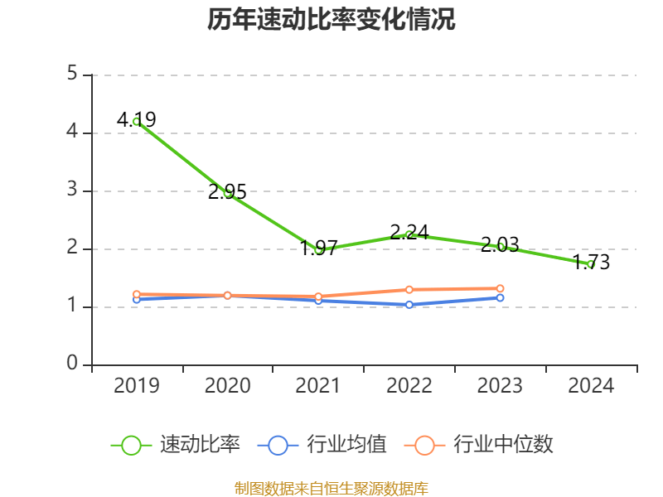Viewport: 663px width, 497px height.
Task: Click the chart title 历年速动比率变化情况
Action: click(331, 20)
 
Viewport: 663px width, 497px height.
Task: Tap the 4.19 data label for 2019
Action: click(136, 120)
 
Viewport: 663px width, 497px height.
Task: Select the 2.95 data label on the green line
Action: click(227, 192)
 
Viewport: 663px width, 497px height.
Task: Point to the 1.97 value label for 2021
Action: click(318, 247)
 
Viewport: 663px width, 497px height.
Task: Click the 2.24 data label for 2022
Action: click(409, 232)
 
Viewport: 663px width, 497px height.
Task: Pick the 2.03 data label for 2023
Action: click(500, 244)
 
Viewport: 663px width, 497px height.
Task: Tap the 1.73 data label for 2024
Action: click(590, 263)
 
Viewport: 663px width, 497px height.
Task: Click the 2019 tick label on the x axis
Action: click(137, 386)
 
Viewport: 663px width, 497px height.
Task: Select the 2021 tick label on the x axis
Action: click(318, 386)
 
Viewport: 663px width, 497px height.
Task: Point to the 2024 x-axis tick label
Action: click(591, 386)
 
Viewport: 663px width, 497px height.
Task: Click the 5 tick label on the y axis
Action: click(73, 75)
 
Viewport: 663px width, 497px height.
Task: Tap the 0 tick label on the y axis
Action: click(73, 364)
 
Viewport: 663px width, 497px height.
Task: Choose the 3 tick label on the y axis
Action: click(73, 191)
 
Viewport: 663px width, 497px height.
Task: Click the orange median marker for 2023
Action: click(500, 288)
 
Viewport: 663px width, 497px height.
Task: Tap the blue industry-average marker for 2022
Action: click(409, 305)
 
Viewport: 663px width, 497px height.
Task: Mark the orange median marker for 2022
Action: click(409, 289)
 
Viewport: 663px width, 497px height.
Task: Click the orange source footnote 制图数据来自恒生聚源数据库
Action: click(331, 488)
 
